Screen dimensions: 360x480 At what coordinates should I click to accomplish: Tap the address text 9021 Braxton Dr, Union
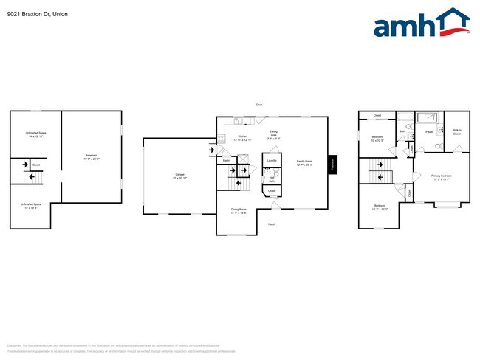[x=38, y=13]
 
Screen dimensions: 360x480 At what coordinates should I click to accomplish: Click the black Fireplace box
[x=332, y=165]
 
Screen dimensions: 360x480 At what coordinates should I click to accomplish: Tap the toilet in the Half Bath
[x=267, y=171]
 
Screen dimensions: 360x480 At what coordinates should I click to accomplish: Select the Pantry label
[x=227, y=159]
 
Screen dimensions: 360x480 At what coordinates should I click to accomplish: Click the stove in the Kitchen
[x=221, y=137]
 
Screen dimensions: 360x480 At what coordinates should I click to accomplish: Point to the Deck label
[x=259, y=105]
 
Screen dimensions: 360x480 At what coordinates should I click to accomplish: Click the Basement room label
[x=92, y=156]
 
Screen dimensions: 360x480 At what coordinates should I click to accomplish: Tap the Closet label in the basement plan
[x=36, y=165]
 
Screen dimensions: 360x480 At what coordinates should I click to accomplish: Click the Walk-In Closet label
[x=456, y=133]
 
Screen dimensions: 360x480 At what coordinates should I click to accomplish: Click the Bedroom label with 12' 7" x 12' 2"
[x=379, y=207]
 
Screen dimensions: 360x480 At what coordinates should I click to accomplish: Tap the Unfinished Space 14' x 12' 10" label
[x=36, y=134]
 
